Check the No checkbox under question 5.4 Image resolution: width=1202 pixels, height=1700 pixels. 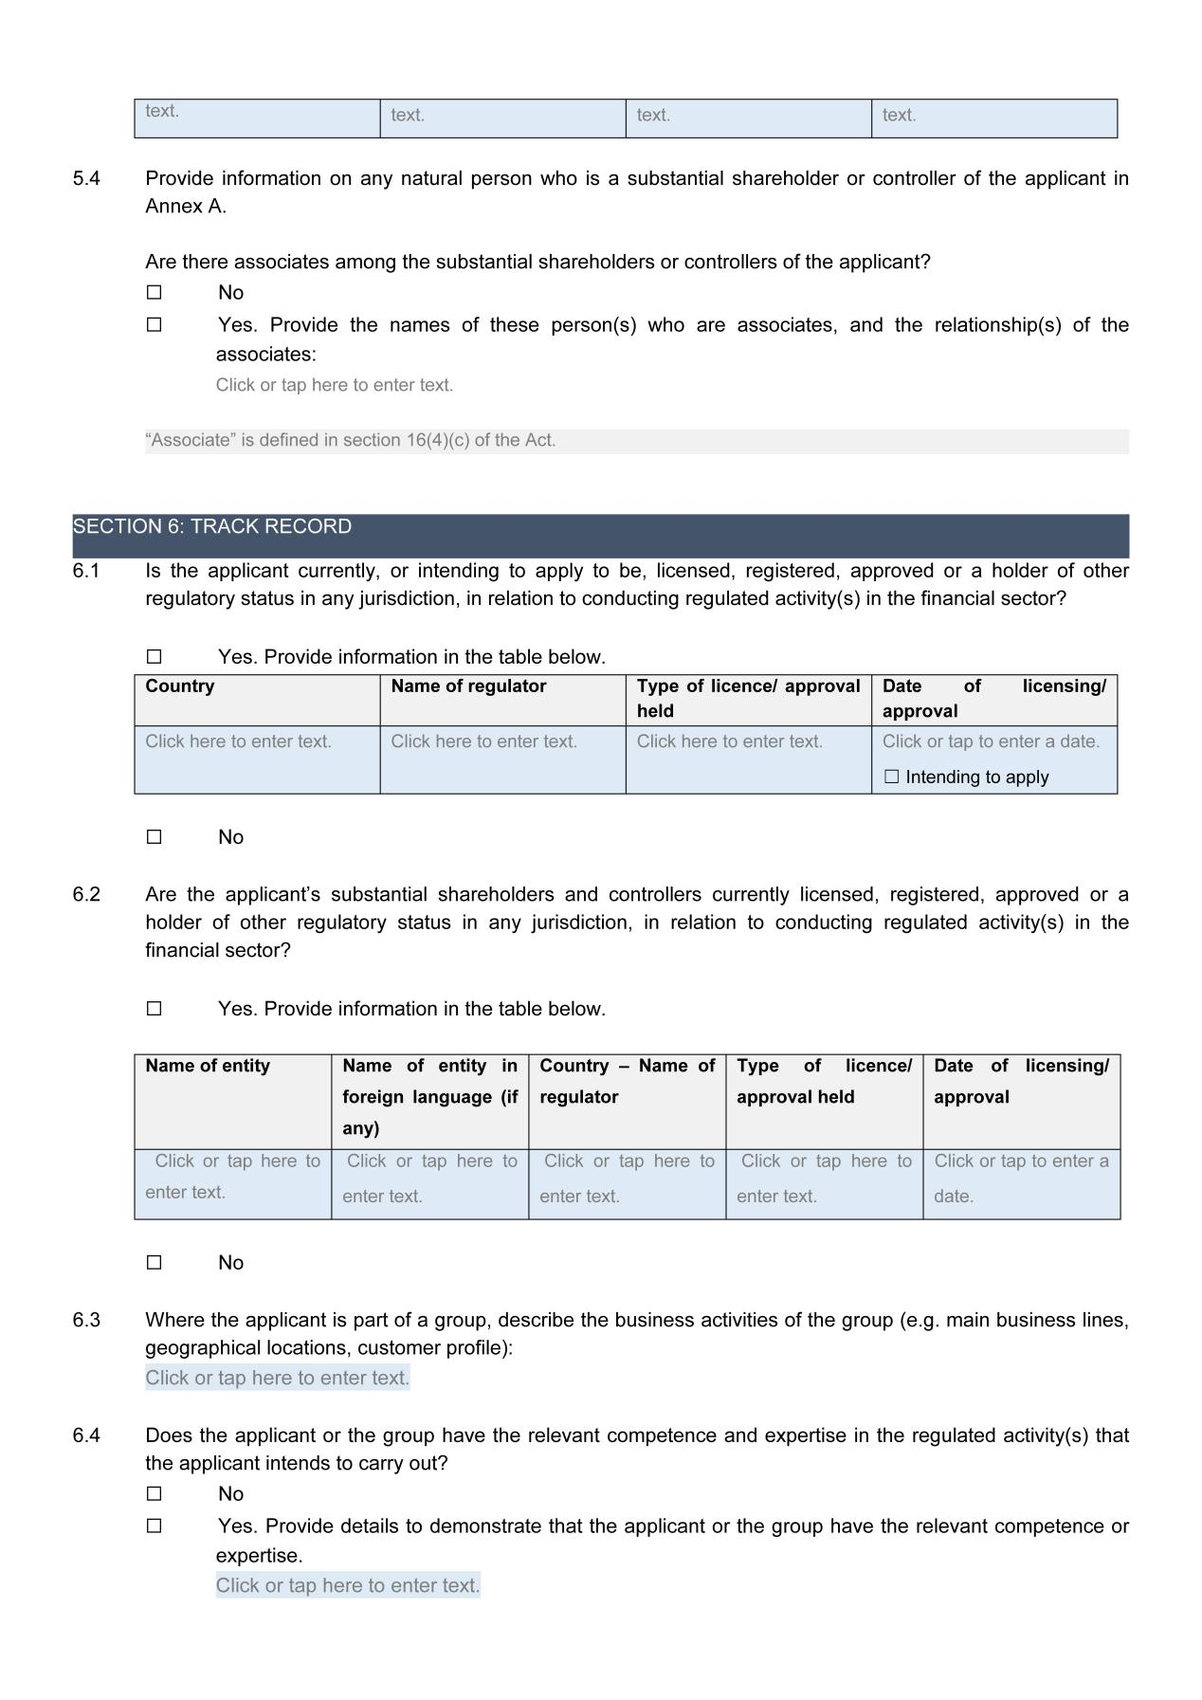click(x=155, y=293)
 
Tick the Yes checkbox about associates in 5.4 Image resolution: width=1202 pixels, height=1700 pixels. click(x=155, y=325)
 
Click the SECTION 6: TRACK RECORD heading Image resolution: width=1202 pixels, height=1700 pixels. click(x=212, y=527)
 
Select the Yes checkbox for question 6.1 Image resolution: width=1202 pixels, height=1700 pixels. click(x=155, y=657)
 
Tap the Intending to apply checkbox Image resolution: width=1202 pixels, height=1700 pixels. click(x=891, y=777)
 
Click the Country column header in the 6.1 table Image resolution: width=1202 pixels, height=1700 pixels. click(x=180, y=686)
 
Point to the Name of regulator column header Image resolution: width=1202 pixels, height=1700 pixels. click(x=468, y=686)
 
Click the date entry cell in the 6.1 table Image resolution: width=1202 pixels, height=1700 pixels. click(x=991, y=741)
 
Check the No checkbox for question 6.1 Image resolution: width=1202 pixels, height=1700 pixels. click(x=155, y=837)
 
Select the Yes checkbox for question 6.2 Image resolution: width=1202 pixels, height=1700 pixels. click(x=155, y=1009)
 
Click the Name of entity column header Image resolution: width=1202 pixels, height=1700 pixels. click(x=208, y=1066)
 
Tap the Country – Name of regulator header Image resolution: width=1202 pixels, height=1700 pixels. click(x=627, y=1081)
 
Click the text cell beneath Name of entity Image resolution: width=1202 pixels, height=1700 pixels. click(x=233, y=1177)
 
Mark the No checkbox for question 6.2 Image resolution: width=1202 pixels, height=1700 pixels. click(x=155, y=1263)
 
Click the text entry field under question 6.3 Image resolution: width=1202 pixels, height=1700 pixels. click(x=277, y=1378)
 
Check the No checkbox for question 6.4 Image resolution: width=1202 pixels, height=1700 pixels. click(x=155, y=1494)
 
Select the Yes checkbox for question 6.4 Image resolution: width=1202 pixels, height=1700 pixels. click(x=155, y=1526)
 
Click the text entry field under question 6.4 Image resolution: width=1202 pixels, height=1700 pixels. click(x=347, y=1585)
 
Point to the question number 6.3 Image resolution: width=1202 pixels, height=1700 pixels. click(x=86, y=1321)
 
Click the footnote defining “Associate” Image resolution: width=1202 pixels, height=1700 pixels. click(x=351, y=441)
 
